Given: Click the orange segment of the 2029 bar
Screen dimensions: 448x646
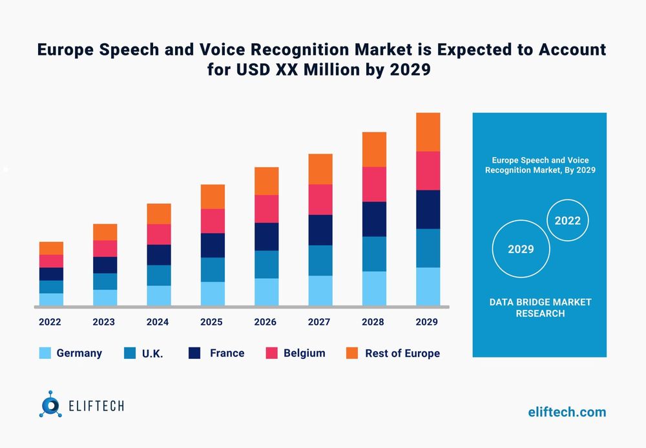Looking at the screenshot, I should click(x=428, y=132).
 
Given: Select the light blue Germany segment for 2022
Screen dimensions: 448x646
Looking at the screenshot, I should click(x=51, y=299).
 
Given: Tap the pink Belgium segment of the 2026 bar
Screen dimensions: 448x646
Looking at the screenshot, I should click(x=266, y=209).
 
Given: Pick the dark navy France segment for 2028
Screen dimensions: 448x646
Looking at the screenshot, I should click(x=374, y=219).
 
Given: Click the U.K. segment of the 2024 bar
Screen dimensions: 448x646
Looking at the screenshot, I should click(x=159, y=275).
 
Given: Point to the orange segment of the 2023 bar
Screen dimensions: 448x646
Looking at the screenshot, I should click(x=105, y=232).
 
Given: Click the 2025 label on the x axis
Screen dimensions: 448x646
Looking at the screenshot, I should click(x=211, y=322).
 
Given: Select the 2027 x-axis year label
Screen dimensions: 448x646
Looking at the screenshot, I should click(x=319, y=322).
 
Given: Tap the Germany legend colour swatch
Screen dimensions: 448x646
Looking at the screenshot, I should click(x=45, y=353).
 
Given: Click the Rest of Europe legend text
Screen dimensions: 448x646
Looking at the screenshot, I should click(x=402, y=353).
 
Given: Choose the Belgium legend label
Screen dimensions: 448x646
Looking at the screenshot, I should click(x=304, y=353).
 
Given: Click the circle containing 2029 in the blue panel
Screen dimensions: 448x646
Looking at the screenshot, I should click(x=521, y=249).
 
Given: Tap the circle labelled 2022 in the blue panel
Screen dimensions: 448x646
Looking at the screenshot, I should click(x=567, y=220).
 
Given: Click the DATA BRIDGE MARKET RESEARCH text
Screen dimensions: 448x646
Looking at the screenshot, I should click(x=539, y=308).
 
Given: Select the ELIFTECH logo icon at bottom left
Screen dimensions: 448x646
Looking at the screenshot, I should click(x=50, y=404).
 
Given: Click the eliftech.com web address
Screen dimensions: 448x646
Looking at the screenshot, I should click(x=567, y=412).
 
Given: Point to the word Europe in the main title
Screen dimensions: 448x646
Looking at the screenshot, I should click(x=67, y=50).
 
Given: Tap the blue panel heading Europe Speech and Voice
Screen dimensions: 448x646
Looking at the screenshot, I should click(x=539, y=159).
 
